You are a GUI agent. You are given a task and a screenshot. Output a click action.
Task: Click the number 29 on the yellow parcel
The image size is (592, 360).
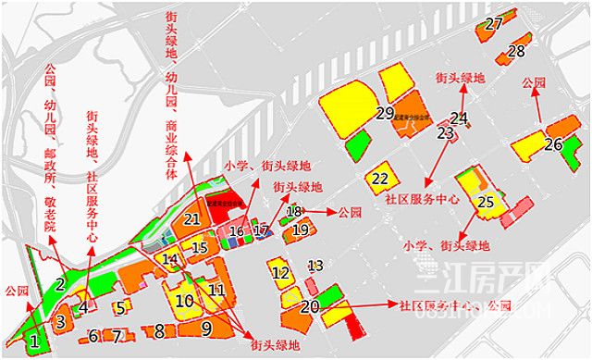[386, 113]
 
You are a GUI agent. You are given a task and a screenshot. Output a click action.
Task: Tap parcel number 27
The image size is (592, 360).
[494, 23]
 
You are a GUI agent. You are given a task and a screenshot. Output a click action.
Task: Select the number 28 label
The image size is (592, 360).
[516, 51]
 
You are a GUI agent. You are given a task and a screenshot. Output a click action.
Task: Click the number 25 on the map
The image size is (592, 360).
[486, 201]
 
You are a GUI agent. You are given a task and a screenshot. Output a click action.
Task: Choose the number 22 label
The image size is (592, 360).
[380, 178]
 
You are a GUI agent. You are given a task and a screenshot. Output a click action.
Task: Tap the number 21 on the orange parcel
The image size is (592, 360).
[191, 219]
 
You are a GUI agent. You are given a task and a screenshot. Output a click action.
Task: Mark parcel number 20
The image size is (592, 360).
[310, 305]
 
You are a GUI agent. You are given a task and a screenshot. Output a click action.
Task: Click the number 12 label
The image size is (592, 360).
[280, 273]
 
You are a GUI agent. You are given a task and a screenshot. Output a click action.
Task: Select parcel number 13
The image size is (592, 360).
[315, 266]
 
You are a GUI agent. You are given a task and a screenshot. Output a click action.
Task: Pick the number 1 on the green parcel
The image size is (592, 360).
[34, 341]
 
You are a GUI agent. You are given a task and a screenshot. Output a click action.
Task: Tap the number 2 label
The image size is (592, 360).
[59, 284]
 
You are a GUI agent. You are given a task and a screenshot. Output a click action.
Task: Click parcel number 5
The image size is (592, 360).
[120, 307]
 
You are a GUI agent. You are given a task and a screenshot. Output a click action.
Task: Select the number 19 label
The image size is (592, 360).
[300, 230]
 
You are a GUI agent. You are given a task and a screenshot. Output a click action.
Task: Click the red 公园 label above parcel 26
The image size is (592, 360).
[534, 82]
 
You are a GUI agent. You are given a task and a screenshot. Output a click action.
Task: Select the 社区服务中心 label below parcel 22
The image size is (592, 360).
[422, 199]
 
